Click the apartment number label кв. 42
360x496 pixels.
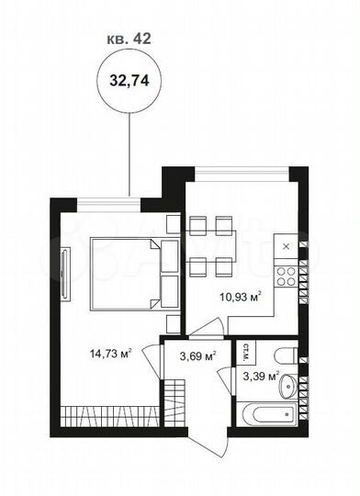129,39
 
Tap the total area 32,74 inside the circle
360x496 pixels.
129,81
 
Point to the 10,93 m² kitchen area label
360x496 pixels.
242,296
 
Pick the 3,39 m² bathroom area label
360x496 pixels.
260,375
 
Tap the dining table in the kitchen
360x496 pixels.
211,245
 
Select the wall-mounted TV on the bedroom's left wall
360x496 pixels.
63,273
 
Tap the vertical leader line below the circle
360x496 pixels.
129,152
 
